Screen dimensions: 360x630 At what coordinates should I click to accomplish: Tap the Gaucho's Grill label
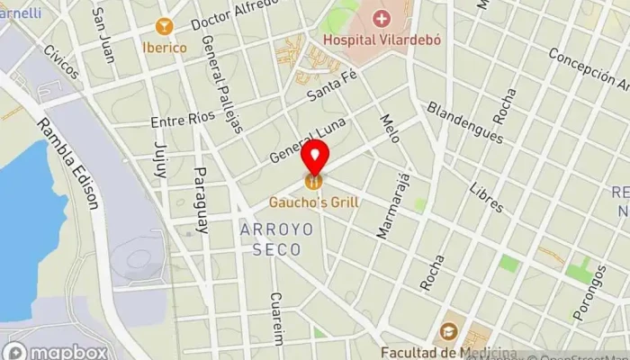(314, 202)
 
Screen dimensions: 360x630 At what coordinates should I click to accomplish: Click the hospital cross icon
(382, 18)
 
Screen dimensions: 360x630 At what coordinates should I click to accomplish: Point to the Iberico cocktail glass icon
(163, 26)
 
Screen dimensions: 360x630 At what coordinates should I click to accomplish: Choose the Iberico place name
(163, 47)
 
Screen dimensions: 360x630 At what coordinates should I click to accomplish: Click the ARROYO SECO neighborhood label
(277, 238)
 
